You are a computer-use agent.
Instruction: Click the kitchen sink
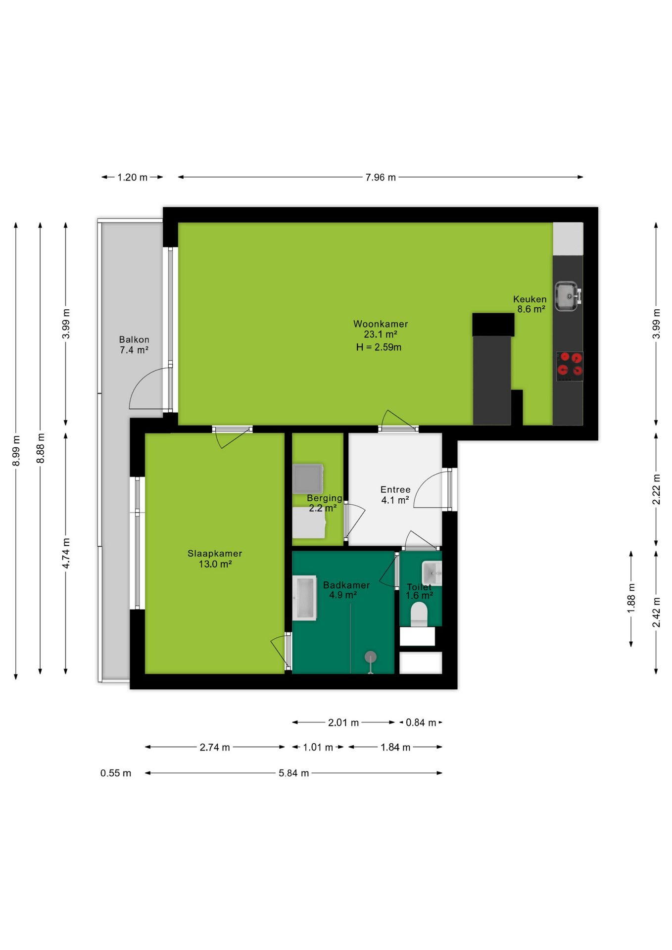(x=568, y=296)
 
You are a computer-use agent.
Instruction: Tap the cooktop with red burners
(x=570, y=366)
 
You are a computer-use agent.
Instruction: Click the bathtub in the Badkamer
(x=305, y=598)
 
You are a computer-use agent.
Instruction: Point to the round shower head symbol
(x=371, y=657)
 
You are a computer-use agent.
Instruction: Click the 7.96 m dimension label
(x=381, y=177)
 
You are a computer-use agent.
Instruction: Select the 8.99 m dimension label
(x=16, y=450)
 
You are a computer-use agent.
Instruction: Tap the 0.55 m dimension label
(x=116, y=773)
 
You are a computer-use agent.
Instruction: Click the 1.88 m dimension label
(x=631, y=598)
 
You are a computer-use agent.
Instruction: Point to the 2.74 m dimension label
(x=215, y=747)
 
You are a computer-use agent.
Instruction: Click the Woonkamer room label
(x=381, y=324)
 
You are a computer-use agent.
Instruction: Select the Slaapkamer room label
(x=215, y=553)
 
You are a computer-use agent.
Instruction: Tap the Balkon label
(x=134, y=339)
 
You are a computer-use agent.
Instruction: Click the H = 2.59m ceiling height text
(x=379, y=347)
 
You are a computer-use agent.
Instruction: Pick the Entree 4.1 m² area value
(x=395, y=500)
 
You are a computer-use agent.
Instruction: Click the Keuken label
(x=530, y=299)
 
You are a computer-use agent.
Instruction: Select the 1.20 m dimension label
(x=132, y=177)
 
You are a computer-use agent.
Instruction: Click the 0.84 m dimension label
(x=421, y=722)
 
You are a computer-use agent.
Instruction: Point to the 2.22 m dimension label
(x=656, y=489)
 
